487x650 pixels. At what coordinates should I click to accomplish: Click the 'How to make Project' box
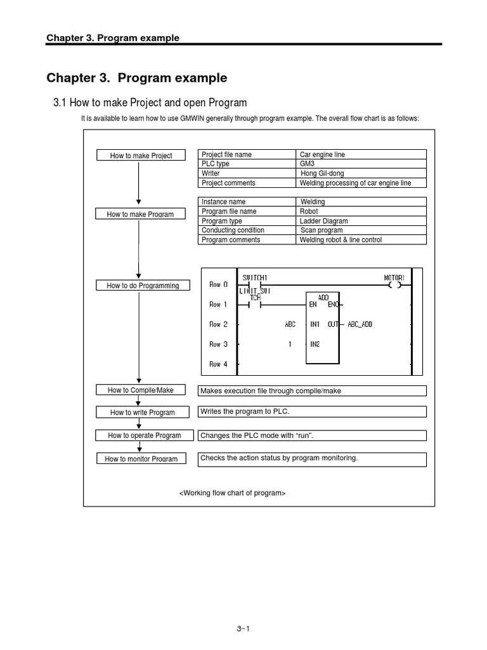point(141,156)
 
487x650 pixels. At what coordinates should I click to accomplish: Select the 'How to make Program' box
point(140,215)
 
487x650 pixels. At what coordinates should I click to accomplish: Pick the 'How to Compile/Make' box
point(141,390)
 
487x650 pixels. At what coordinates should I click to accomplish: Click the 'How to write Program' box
point(142,413)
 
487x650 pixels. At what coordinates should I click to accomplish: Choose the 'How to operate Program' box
point(144,435)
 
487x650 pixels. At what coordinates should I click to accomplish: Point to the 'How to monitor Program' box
point(141,459)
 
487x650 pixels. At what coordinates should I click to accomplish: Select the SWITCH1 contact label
point(255,277)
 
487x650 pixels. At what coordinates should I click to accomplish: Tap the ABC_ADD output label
point(359,324)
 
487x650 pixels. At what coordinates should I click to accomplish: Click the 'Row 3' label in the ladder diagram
point(218,344)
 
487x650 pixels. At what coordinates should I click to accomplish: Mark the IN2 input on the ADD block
point(315,344)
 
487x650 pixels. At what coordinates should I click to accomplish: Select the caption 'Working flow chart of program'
point(232,493)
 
